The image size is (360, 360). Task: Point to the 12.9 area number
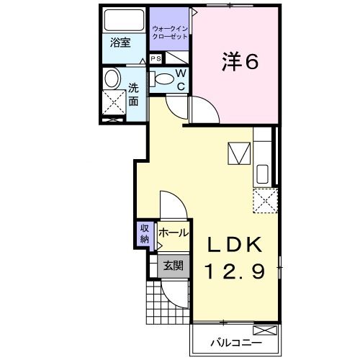[x=232, y=271]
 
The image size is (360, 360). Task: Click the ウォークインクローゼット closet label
[x=171, y=32]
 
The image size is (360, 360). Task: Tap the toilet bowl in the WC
[x=163, y=78]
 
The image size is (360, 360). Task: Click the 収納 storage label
[x=144, y=234]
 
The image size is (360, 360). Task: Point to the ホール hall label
[x=173, y=233]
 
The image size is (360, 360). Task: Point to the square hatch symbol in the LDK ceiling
[x=238, y=153]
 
